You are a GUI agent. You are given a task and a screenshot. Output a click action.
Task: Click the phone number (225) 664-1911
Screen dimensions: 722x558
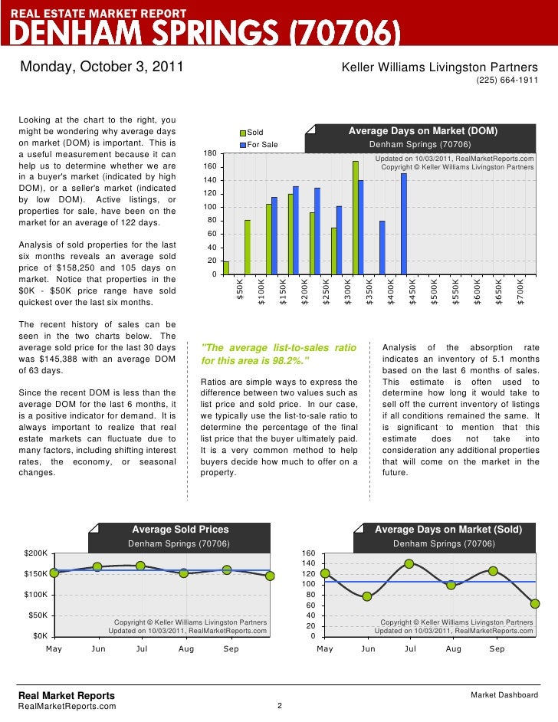coord(507,80)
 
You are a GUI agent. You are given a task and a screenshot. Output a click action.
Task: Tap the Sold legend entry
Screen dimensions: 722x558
coord(254,133)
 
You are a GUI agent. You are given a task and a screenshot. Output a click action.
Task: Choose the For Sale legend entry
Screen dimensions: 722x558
coord(261,145)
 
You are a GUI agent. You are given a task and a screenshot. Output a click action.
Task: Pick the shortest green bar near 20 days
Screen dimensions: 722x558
coord(225,267)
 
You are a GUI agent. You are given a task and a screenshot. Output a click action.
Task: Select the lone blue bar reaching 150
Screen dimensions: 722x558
coord(404,223)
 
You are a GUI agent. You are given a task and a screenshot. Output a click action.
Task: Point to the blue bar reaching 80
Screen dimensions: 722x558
coord(382,247)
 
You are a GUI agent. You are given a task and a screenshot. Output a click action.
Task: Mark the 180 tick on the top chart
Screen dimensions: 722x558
coord(210,154)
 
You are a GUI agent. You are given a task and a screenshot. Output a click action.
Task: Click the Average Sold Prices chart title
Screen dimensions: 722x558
coord(180,529)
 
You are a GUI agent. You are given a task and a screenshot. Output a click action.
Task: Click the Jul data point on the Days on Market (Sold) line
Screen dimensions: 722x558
coord(409,563)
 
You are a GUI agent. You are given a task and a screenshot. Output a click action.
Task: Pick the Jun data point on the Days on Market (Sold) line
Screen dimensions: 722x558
coord(367,596)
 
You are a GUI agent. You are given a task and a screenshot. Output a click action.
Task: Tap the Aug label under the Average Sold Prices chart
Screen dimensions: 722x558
coord(186,649)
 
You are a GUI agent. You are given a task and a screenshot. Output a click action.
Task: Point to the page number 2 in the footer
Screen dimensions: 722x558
coord(278,705)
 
